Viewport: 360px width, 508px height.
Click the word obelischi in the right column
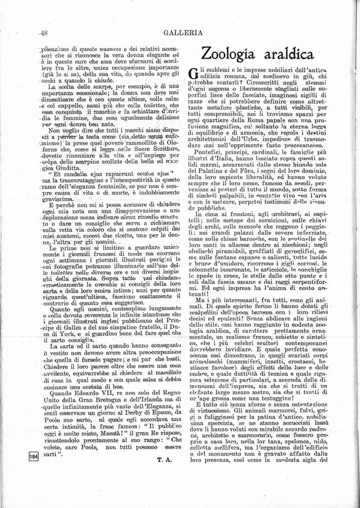[x=206, y=251]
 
